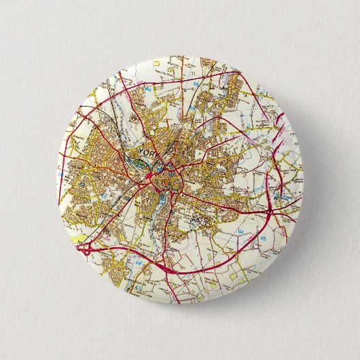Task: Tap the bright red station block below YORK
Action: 150,177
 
